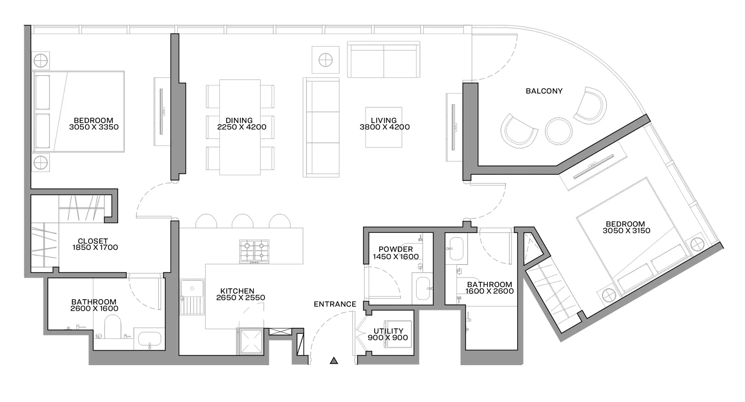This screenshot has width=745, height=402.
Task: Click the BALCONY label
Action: pyautogui.click(x=544, y=91)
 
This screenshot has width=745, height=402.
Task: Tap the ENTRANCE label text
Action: pyautogui.click(x=335, y=304)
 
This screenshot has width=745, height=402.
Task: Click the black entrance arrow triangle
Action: pyautogui.click(x=334, y=361)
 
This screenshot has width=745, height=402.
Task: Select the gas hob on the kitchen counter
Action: pyautogui.click(x=254, y=251)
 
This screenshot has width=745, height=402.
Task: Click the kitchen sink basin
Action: pyautogui.click(x=192, y=288)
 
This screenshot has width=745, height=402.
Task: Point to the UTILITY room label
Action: pyautogui.click(x=388, y=331)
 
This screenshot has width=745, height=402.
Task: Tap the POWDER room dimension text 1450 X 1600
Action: pyautogui.click(x=396, y=257)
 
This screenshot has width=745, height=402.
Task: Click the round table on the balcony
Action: pyautogui.click(x=558, y=131)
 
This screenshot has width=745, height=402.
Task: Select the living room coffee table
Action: pyautogui.click(x=384, y=127)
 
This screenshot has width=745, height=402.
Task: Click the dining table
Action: pyautogui.click(x=240, y=127)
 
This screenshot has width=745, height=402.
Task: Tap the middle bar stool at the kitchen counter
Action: pyautogui.click(x=243, y=221)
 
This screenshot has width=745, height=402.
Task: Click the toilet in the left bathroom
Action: pyautogui.click(x=113, y=326)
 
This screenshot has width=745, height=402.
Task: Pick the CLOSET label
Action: pyautogui.click(x=93, y=241)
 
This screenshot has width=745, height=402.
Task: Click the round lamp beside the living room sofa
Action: pyautogui.click(x=325, y=60)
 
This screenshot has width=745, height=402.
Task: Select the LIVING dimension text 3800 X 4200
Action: pyautogui.click(x=385, y=127)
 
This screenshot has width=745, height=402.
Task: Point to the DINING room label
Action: pyautogui.click(x=239, y=121)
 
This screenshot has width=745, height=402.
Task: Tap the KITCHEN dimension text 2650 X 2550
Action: pyautogui.click(x=241, y=298)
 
